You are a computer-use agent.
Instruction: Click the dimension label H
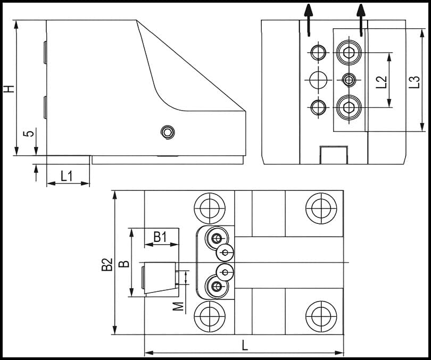point(8,88)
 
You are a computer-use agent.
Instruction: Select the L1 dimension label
point(67,175)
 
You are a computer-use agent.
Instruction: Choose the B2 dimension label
point(106,264)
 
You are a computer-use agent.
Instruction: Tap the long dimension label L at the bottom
point(244,345)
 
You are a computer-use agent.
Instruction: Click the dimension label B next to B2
point(122,264)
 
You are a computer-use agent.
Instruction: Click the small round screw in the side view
point(168,131)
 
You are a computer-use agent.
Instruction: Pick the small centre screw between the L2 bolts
point(349,80)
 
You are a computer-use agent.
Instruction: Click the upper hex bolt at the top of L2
point(349,53)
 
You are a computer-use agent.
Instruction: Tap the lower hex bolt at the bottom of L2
point(349,107)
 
